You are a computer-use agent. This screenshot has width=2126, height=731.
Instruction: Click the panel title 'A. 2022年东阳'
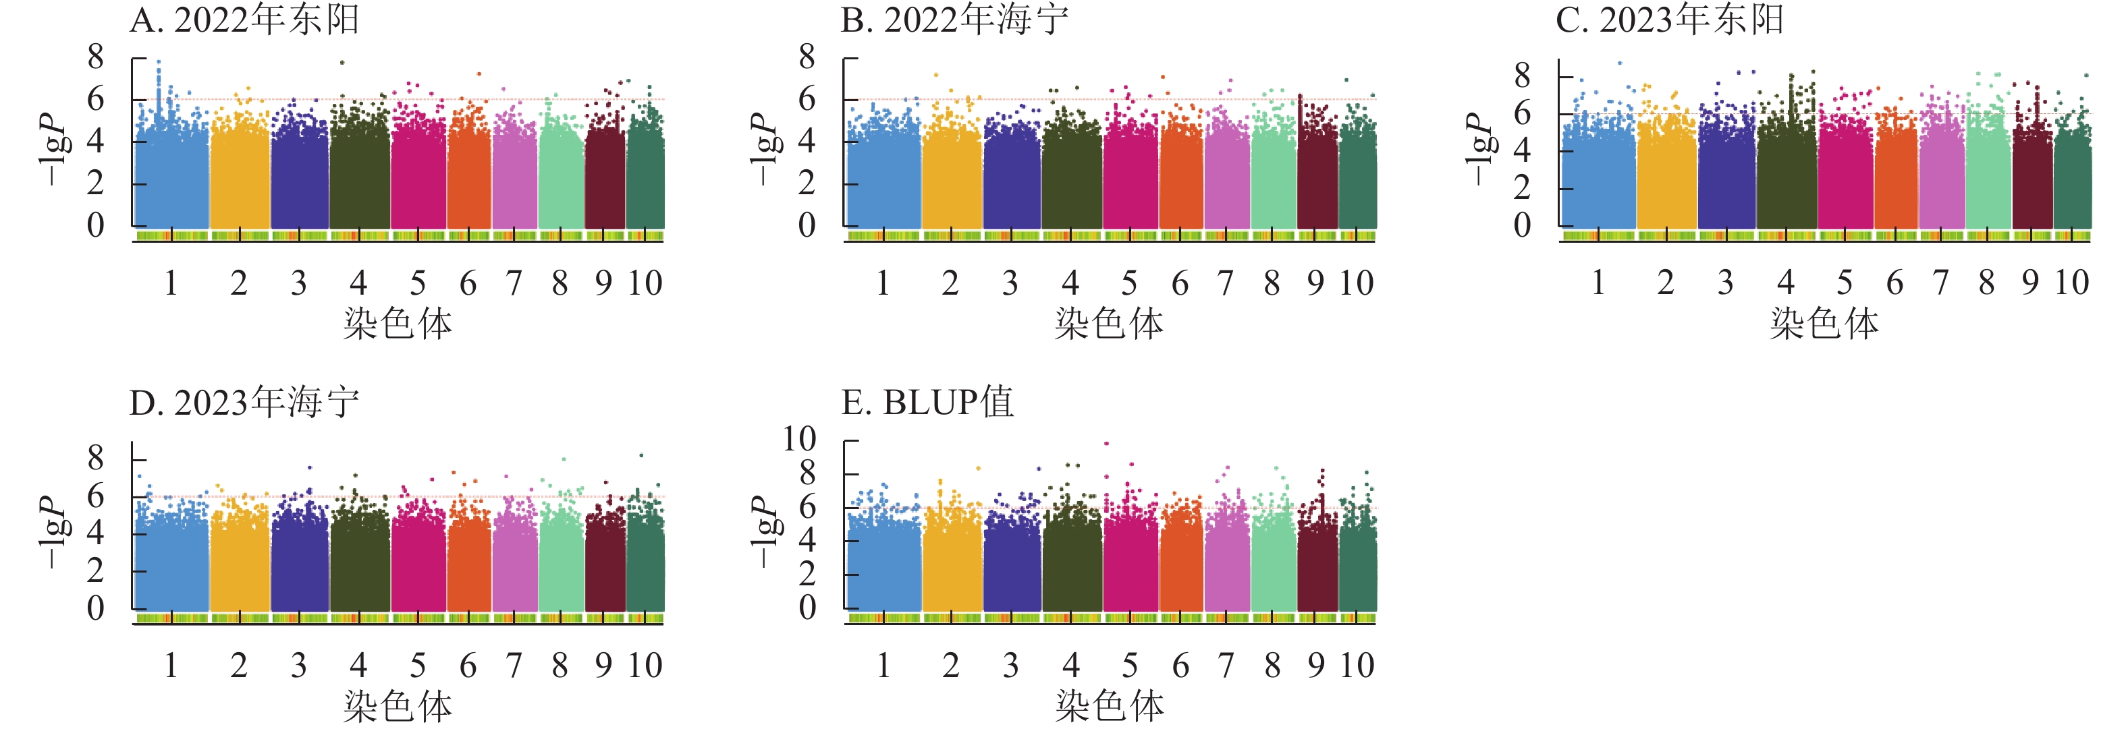pos(244,20)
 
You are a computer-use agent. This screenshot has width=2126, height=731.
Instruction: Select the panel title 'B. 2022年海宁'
pos(955,20)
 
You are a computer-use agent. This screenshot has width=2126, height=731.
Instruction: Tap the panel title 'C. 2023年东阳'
pos(1670,20)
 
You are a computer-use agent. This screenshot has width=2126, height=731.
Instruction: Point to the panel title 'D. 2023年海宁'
pos(244,403)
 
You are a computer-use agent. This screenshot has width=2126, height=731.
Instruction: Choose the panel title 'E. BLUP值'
pos(927,403)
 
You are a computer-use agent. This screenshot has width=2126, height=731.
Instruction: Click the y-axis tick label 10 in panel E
pos(799,440)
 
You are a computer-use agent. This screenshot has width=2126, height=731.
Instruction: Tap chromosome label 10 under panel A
pos(645,284)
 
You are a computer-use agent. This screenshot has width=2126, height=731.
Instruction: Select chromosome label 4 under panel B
pos(1070,284)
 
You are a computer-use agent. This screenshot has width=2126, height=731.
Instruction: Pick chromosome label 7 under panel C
pos(1940,284)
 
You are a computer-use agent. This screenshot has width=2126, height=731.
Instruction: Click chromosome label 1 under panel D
pos(171,666)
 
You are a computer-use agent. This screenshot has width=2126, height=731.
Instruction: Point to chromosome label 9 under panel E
pos(1315,666)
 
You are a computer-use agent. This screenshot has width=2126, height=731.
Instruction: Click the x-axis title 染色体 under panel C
pos(1824,324)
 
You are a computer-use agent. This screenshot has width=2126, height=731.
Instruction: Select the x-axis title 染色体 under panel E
pos(1109,706)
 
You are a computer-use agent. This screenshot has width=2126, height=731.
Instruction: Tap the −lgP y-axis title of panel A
pos(53,148)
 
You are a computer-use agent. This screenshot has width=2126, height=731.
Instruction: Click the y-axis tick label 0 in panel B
pos(807,225)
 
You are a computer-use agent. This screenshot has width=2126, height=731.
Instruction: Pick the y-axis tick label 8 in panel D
pos(96,458)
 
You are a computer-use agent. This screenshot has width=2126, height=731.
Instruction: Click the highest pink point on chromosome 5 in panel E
pos(1107,444)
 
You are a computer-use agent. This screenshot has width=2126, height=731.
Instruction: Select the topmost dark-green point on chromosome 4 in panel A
pos(342,63)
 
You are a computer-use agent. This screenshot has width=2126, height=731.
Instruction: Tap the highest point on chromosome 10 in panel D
pos(641,455)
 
